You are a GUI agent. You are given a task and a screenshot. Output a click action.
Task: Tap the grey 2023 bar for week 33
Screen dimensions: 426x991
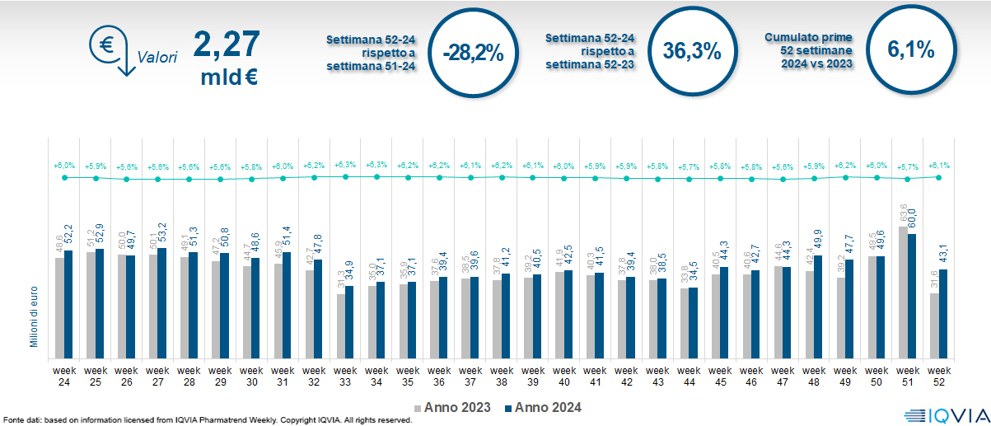[x=340, y=325]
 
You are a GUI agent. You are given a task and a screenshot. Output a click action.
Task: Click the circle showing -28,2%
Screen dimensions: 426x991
[x=472, y=52]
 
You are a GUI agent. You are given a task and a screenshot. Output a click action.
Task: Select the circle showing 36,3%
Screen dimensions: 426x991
[x=692, y=51]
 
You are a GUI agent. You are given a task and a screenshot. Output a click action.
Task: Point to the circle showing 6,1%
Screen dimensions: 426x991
[x=910, y=50]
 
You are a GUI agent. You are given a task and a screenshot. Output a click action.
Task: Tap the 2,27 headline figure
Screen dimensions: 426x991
[x=227, y=44]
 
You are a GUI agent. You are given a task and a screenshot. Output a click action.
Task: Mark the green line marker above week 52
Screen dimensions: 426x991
[x=938, y=177]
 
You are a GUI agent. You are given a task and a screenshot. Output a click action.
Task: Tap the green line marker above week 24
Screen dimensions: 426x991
[x=64, y=177]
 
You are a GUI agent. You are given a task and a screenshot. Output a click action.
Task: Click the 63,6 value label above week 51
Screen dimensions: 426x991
[x=900, y=215]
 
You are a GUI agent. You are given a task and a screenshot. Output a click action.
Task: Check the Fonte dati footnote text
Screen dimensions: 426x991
[x=206, y=420]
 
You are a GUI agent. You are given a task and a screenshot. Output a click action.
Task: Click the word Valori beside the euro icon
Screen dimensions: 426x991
[x=157, y=59]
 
